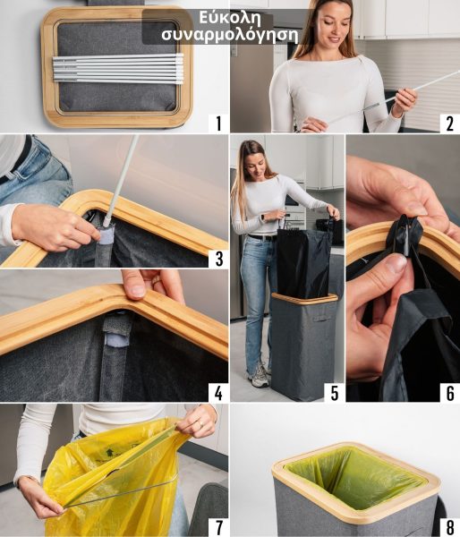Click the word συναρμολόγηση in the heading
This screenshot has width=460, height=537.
tap(230, 35)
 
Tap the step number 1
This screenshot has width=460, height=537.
tap(218, 124)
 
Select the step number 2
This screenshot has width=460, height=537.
tap(450, 124)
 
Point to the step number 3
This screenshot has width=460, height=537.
tap(219, 260)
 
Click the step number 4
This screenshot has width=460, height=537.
tap(218, 393)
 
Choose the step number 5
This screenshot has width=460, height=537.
tap(335, 393)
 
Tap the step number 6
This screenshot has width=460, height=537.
tap(450, 393)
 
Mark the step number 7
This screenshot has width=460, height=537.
tap(219, 528)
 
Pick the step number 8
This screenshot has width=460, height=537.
tap(450, 528)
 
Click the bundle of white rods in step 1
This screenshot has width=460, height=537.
tap(118, 69)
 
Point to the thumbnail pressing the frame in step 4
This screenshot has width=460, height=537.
tap(137, 291)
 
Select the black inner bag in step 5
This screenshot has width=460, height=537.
tap(303, 261)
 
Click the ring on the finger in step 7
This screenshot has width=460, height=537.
tap(201, 425)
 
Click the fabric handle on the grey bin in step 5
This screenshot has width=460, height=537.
tap(321, 318)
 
